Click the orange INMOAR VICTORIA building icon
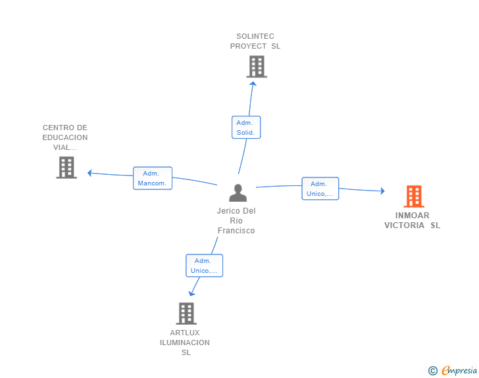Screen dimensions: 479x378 [414, 197]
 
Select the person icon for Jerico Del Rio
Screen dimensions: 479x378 [238, 193]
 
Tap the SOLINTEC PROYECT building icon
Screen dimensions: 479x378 [257, 66]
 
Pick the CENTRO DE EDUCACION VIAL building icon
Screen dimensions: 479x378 [66, 168]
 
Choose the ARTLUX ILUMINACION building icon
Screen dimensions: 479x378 [186, 314]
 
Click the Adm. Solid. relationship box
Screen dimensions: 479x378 [246, 128]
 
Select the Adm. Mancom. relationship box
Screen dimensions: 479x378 [153, 178]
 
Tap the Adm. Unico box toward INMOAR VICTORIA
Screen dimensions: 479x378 [320, 189]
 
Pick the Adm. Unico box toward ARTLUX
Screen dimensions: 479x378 [204, 266]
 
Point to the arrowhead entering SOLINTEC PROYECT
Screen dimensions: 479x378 [253, 83]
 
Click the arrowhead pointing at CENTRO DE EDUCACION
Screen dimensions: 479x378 [89, 173]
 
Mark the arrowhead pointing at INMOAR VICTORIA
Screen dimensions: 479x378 [383, 191]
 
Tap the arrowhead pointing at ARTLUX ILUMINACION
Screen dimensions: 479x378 [191, 294]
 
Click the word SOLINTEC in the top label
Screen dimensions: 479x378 [255, 36]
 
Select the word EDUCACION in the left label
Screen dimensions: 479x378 [65, 137]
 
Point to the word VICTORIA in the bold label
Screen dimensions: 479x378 [404, 225]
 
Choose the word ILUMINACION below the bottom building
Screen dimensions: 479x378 [185, 343]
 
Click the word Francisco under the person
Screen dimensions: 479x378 [236, 231]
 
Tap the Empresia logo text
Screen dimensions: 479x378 [459, 370]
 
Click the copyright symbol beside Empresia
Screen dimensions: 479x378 [433, 371]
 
